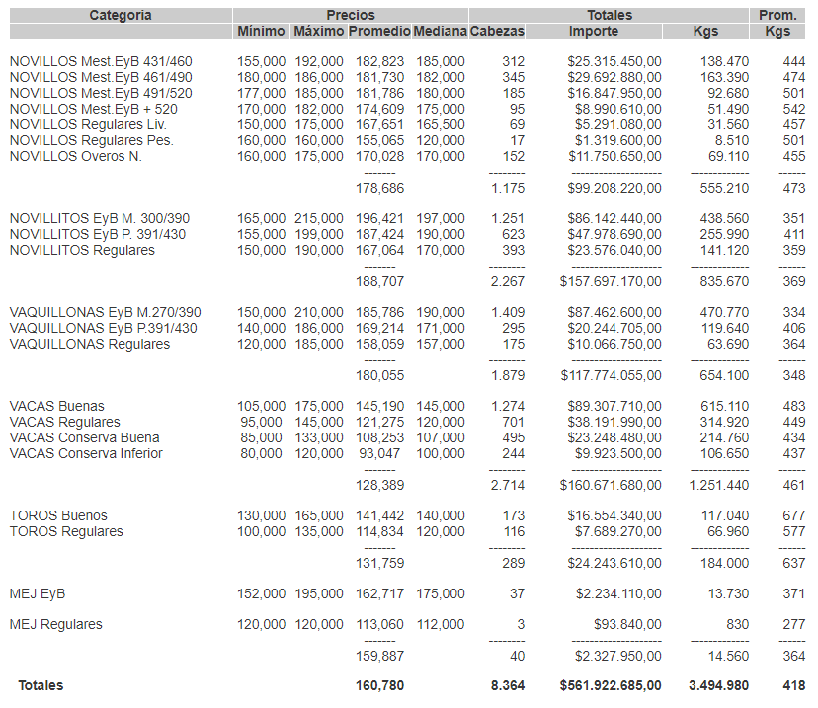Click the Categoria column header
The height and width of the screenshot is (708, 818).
click(120, 15)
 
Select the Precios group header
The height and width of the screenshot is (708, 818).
click(351, 15)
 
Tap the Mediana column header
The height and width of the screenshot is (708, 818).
click(440, 31)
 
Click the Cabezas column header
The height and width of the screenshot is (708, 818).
click(497, 31)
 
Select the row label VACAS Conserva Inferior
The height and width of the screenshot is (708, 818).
click(86, 453)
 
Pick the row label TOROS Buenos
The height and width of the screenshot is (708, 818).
click(58, 515)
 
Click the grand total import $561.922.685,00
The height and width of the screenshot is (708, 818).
click(611, 685)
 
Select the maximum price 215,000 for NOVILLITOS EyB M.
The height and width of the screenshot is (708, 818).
click(319, 218)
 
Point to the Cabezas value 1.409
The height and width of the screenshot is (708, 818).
click(508, 312)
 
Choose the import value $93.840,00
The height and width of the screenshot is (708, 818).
click(625, 624)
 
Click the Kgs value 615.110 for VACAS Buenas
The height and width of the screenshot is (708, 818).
click(724, 406)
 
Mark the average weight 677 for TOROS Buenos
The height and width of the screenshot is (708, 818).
click(793, 515)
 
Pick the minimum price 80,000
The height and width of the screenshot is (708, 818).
click(262, 453)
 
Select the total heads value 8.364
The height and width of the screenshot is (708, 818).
click(507, 685)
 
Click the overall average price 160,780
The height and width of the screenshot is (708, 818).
click(379, 685)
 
